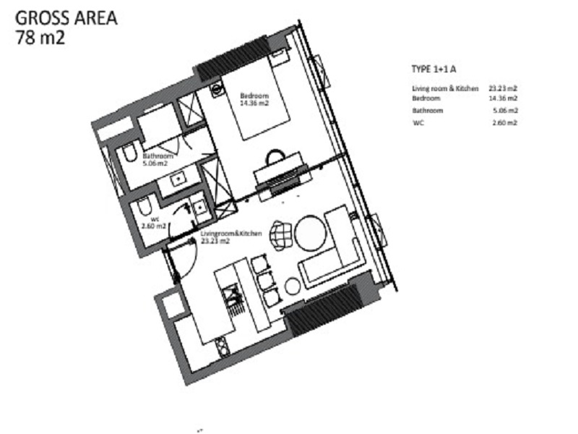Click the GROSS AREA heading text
point(66,18)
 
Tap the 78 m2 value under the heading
point(40,38)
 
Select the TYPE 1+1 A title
point(434,69)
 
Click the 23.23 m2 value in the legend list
point(503,88)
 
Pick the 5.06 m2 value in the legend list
point(505,111)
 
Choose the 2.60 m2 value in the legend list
point(505,122)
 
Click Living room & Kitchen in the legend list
point(445,88)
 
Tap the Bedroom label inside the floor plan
point(254,96)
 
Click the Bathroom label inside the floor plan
point(158,156)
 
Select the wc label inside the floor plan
point(155,219)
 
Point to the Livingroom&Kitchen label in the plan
point(231,234)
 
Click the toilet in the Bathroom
point(129,154)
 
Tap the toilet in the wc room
point(144,207)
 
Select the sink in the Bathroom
point(178,180)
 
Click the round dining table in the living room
point(311,233)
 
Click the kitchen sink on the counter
point(232,295)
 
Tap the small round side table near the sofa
point(293,286)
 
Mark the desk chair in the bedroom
point(275,157)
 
